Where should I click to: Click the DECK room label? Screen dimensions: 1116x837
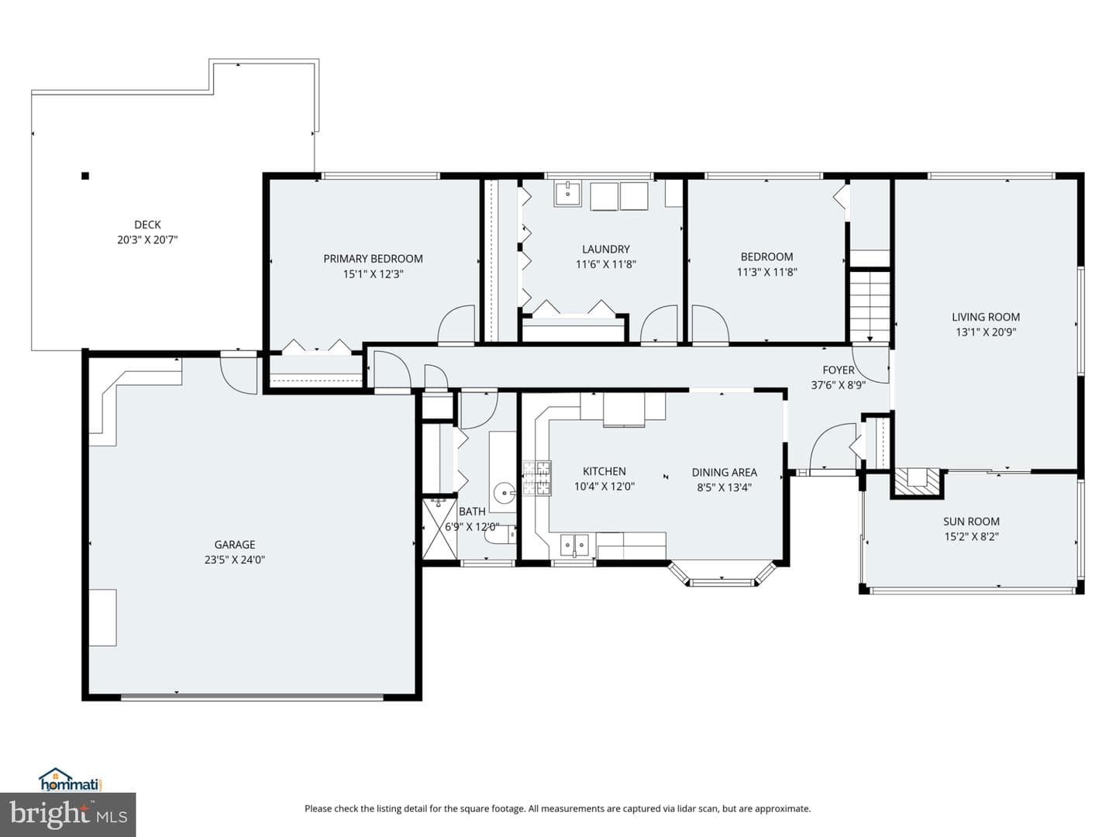[x=147, y=225]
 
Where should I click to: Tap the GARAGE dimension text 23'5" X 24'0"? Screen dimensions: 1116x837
[x=234, y=560]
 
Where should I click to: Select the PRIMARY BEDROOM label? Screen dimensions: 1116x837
[x=373, y=259]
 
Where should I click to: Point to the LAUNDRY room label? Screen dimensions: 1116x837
[x=605, y=249]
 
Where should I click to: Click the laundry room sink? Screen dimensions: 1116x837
[x=567, y=194]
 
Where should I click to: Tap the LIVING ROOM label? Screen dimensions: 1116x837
[x=985, y=317]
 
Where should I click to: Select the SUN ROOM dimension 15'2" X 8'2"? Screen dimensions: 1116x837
[x=971, y=536]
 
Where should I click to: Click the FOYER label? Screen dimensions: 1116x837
[x=838, y=370]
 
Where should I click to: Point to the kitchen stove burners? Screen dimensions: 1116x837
[x=537, y=477]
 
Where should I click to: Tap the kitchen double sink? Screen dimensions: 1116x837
[x=574, y=546]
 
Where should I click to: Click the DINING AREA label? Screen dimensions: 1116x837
[x=724, y=473]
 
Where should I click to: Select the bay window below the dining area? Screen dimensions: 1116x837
[x=722, y=574]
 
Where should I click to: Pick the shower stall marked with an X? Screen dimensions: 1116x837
[x=439, y=529]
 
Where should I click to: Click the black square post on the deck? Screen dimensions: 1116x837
[x=85, y=177]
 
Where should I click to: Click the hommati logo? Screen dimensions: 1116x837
[x=71, y=780]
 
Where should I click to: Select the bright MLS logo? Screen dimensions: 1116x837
[x=67, y=815]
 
